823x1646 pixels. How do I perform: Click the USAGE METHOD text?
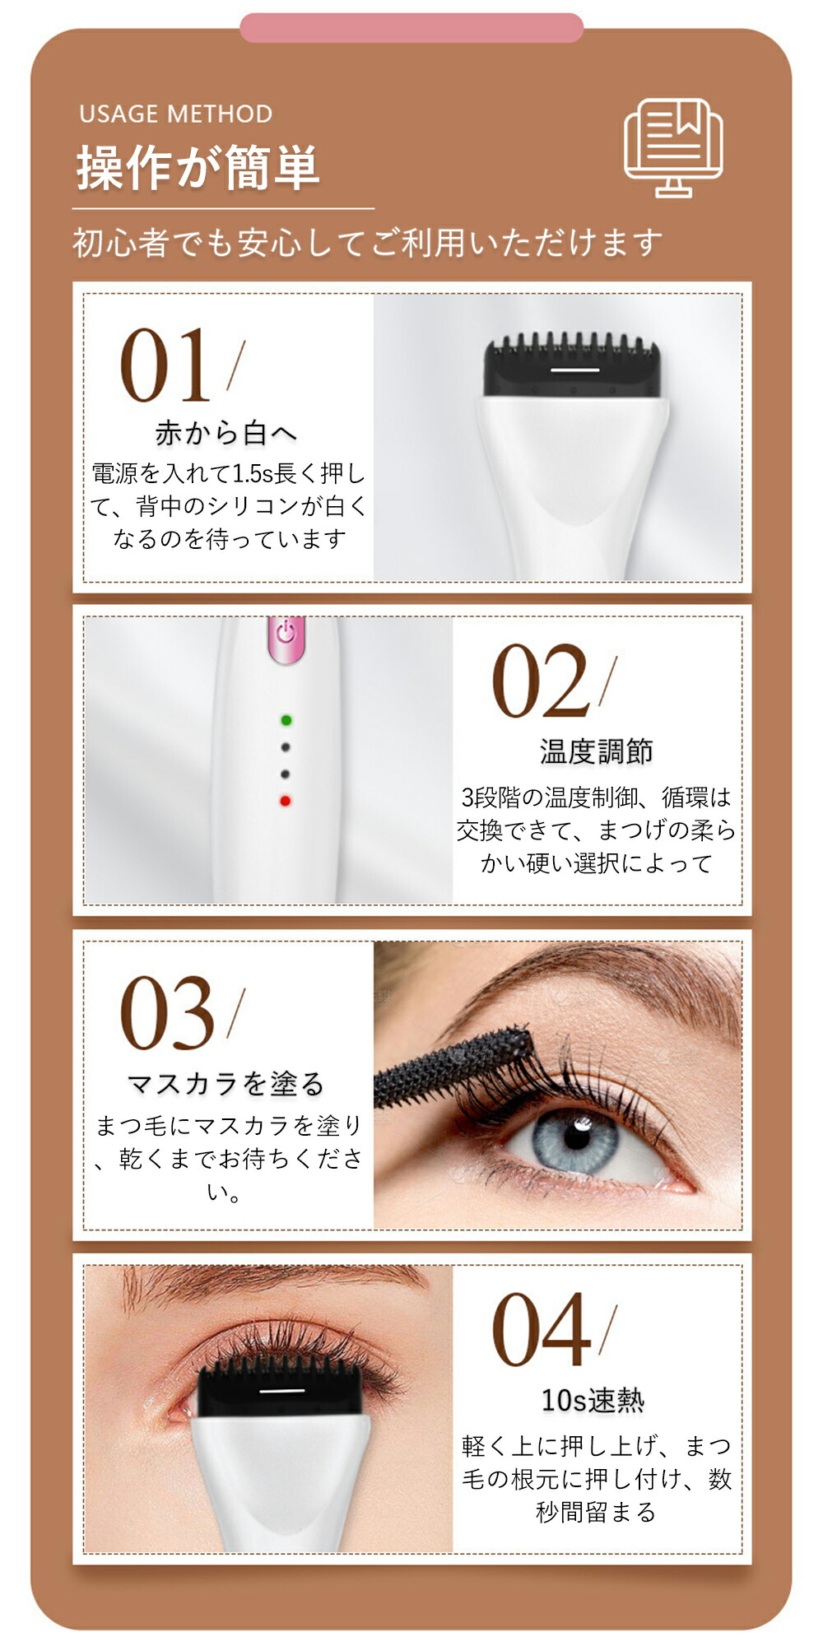[x=175, y=114]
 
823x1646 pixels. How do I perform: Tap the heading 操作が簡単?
[x=198, y=167]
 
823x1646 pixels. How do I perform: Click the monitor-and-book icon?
[x=673, y=148]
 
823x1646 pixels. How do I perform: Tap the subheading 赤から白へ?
[x=226, y=433]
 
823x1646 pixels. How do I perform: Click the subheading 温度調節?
[x=596, y=751]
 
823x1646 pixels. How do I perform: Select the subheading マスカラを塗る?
[x=226, y=1084]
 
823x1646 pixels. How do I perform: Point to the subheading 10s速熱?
[x=593, y=1400]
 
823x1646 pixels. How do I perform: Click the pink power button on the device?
[x=286, y=639]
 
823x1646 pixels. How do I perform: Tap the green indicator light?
[x=286, y=720]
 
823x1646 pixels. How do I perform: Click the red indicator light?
[x=286, y=801]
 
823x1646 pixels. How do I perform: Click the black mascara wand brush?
[x=453, y=1066]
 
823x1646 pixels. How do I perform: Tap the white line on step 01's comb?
[x=574, y=370]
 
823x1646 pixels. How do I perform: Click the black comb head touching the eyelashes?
[x=281, y=1388]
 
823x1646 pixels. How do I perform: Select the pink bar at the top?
[x=411, y=27]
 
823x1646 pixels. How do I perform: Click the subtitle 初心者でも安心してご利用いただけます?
[x=368, y=243]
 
